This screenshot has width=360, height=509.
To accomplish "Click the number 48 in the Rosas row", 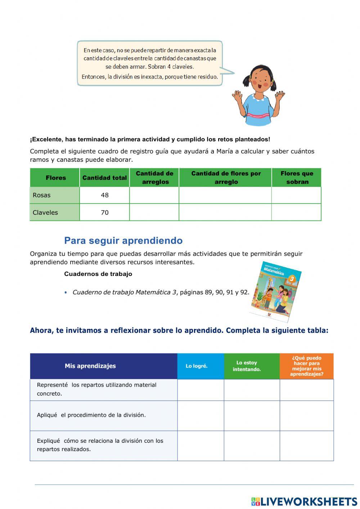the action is [105, 195].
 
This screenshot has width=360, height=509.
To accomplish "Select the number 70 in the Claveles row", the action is [105, 213].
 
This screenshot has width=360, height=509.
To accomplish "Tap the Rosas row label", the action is [42, 195].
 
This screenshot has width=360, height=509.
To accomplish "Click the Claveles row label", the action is [45, 213].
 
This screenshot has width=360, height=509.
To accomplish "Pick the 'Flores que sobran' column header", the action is [297, 178].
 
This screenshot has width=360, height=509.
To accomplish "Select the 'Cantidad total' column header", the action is [104, 178].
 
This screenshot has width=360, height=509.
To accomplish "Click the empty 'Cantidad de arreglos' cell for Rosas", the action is [154, 195].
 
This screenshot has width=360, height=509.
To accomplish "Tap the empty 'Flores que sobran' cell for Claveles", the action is [296, 213].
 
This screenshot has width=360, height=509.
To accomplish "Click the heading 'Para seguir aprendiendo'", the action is [123, 240].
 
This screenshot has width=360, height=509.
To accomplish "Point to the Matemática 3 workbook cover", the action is [276, 291].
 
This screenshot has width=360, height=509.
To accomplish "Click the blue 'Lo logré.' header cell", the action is [197, 366].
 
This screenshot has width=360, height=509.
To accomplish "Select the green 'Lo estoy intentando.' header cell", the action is [247, 366].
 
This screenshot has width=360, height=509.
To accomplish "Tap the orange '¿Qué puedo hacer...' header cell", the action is [307, 366].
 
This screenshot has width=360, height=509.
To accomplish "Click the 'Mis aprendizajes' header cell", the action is [90, 366].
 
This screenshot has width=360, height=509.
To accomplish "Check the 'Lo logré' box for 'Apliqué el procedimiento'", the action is [201, 416].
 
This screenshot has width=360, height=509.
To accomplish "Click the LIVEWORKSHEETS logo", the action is [304, 501].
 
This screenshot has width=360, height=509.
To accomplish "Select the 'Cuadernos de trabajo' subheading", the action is [98, 274].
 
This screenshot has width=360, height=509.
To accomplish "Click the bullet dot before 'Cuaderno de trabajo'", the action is [66, 293].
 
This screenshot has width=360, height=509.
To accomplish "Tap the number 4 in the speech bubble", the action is [169, 67].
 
